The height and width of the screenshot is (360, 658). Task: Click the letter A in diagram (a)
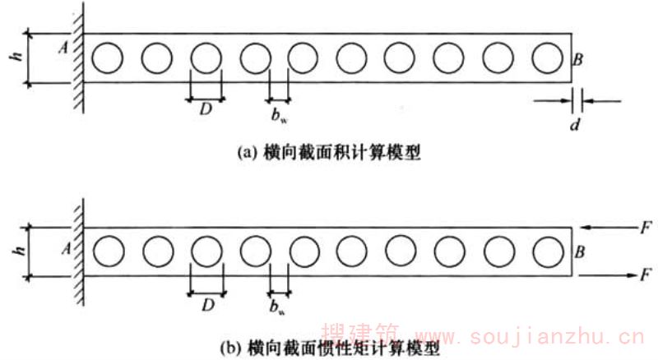[63, 48]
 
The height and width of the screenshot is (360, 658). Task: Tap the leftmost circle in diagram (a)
[108, 58]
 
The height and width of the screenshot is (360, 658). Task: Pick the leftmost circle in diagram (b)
[108, 251]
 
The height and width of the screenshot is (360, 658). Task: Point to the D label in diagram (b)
[206, 304]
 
